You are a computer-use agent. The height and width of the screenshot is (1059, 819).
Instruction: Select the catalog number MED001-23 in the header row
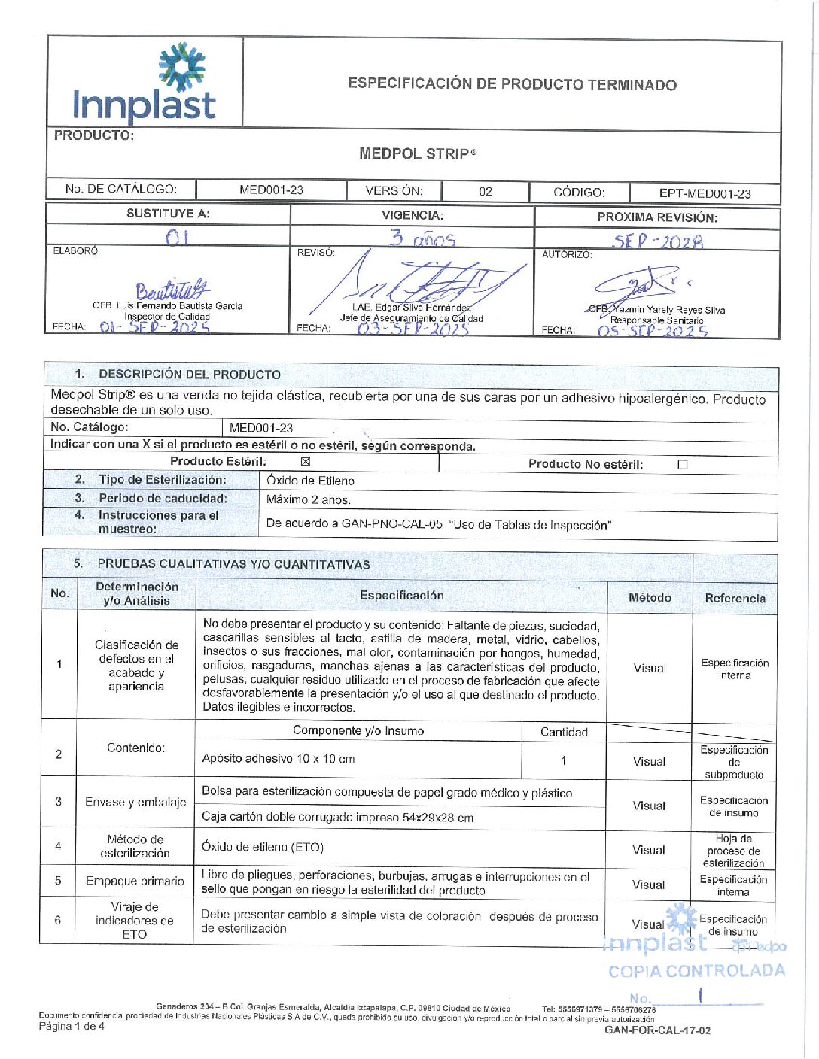[x=271, y=190]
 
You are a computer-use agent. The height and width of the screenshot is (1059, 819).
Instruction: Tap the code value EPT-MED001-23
[x=705, y=193]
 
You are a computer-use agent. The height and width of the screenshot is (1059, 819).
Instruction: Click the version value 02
[x=486, y=192]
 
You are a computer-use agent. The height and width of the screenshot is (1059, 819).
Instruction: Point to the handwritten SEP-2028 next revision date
[x=658, y=241]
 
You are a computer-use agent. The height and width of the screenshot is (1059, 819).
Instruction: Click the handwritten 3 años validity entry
[x=422, y=239]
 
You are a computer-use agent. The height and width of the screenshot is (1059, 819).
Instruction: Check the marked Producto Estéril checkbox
[x=306, y=462]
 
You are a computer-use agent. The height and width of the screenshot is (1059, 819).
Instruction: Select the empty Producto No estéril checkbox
[x=683, y=465]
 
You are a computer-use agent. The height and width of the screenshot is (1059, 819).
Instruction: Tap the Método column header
[x=650, y=597]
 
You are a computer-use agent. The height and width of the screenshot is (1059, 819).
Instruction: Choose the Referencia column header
[x=735, y=599]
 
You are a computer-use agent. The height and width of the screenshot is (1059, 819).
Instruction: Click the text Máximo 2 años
[x=309, y=499]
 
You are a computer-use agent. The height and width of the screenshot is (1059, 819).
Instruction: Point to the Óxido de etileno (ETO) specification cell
[x=263, y=847]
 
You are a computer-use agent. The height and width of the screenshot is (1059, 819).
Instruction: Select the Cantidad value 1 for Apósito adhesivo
[x=563, y=760]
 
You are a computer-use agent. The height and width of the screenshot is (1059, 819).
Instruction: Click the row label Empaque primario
[x=135, y=881]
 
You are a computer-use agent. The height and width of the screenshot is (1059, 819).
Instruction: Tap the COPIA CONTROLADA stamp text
[x=696, y=971]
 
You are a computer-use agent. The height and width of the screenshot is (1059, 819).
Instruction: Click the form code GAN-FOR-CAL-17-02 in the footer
[x=657, y=1030]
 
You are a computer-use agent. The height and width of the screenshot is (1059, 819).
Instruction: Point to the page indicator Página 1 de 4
[x=72, y=1026]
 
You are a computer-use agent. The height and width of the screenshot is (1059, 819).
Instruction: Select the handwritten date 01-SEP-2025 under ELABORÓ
[x=154, y=327]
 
